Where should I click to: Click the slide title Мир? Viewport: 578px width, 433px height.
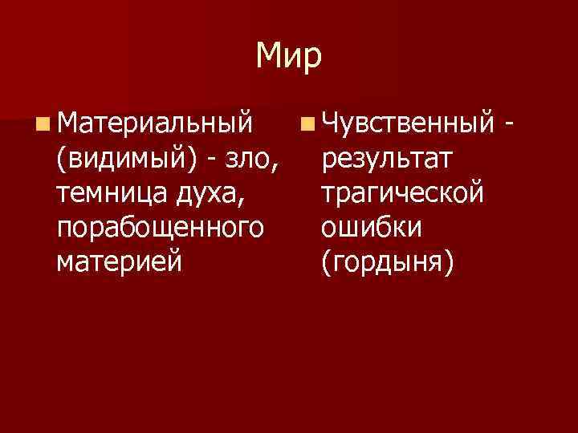tap(289, 55)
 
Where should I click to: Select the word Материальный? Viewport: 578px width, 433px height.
tap(154, 123)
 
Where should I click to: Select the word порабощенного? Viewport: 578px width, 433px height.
tap(160, 227)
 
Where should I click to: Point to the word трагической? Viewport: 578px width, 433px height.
tap(401, 192)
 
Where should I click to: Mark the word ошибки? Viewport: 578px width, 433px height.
tap(370, 227)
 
